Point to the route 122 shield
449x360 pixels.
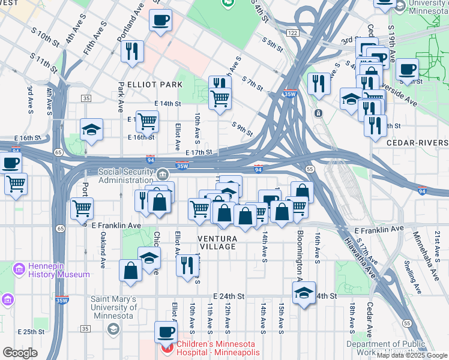point(292,34)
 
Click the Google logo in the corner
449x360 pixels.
point(20,352)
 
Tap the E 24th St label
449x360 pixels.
point(229,296)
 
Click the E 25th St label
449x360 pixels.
point(31,332)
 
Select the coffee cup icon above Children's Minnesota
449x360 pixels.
point(166,331)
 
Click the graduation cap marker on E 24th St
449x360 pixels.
point(304,293)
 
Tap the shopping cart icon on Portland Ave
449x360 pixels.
point(82,208)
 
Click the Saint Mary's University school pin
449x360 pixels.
point(113,328)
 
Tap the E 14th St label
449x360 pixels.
point(167,104)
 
